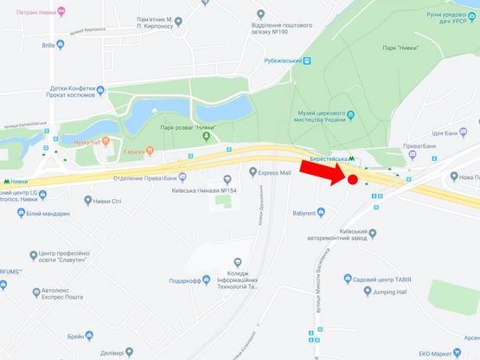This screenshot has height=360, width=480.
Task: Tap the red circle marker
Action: [x=353, y=180]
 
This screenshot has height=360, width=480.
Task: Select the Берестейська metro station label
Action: [x=329, y=159]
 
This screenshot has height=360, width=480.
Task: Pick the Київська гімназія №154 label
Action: [x=205, y=190]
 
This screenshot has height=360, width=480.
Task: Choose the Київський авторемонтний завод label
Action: [x=368, y=236]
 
